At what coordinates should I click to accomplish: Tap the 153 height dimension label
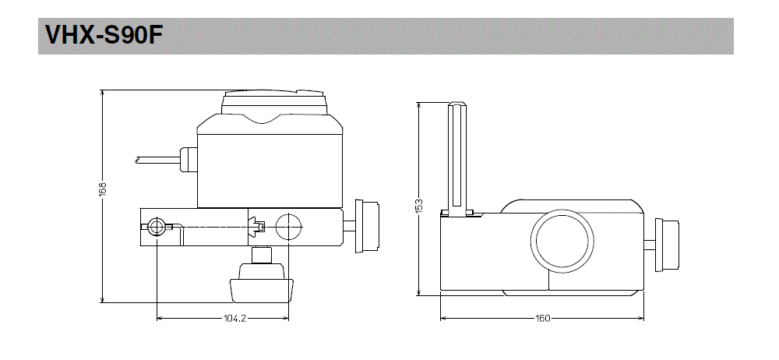(x=418, y=204)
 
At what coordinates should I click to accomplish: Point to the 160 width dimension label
(x=542, y=319)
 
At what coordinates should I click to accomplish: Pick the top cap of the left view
(x=273, y=101)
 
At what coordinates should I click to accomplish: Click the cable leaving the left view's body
(x=156, y=161)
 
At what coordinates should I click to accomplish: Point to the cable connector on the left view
(x=187, y=160)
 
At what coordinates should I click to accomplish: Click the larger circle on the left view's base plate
(x=287, y=227)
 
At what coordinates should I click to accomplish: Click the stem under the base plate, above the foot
(x=263, y=255)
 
